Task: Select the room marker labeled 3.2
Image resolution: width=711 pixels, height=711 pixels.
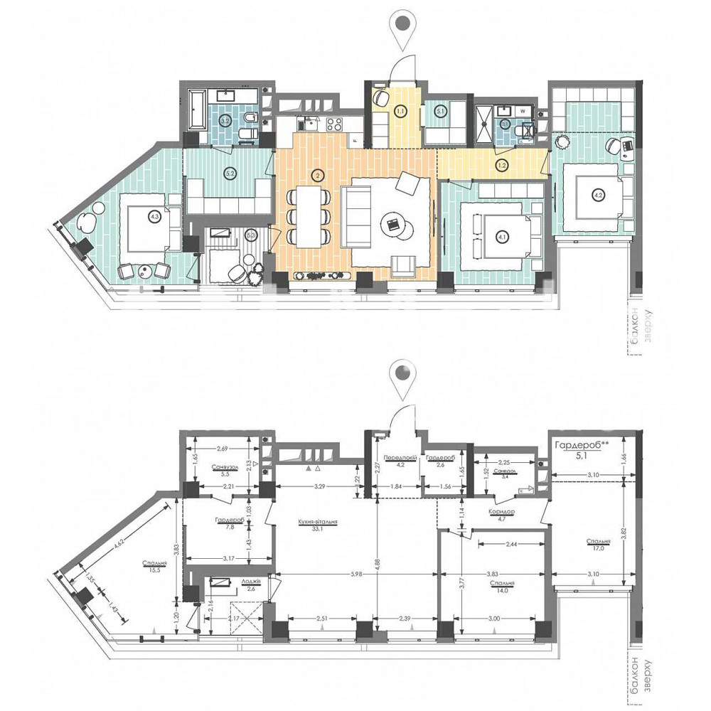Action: click(225, 122)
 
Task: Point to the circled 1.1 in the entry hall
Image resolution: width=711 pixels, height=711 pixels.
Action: click(400, 110)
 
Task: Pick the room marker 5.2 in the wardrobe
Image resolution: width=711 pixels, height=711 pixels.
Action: click(229, 172)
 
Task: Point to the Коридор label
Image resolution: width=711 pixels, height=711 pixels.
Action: click(501, 512)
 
